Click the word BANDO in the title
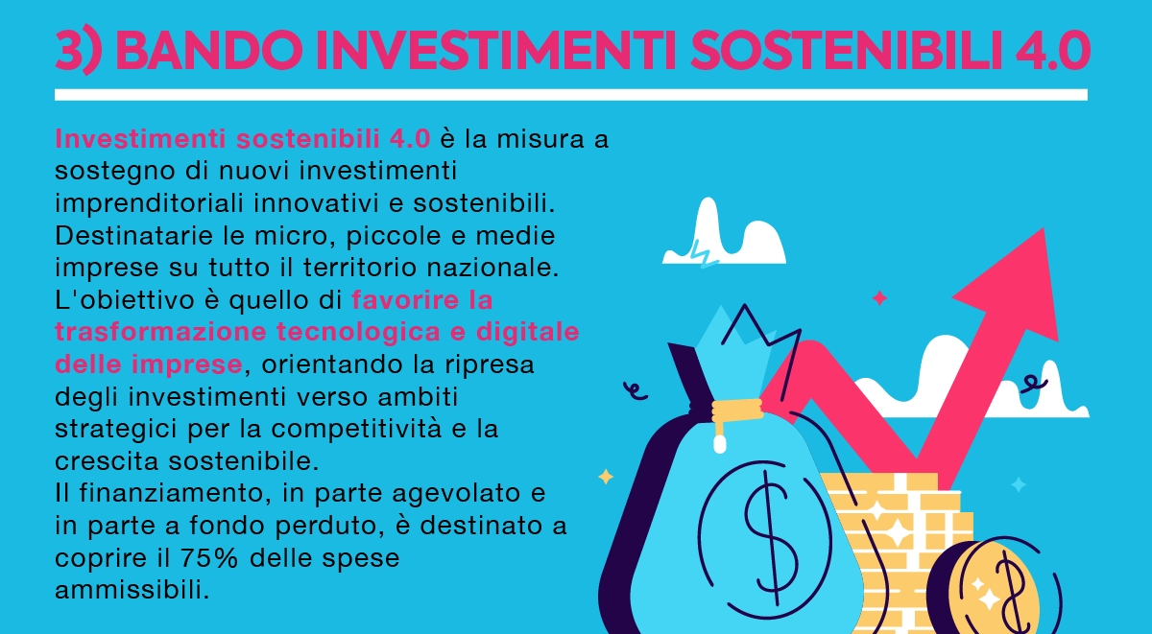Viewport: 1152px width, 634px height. coord(209,50)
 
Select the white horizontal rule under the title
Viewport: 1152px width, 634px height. coord(571,95)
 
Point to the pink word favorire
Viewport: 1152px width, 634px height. coord(405,300)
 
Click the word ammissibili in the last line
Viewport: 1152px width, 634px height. coord(132,590)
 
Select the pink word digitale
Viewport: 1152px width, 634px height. coord(528,333)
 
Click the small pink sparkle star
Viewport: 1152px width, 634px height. coord(879,298)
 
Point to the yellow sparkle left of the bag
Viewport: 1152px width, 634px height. coord(606,477)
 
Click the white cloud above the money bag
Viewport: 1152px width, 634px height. coord(724,234)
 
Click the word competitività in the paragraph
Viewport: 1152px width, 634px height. coord(356,429)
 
